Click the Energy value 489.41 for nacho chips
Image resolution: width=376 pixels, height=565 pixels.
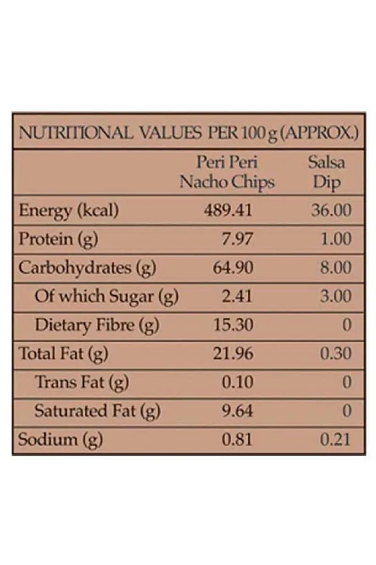coord(228,210)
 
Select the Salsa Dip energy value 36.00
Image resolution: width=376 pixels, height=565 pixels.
coord(331,210)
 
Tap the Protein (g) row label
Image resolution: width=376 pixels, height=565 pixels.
coord(58,239)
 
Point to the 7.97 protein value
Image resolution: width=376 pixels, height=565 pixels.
coord(237,239)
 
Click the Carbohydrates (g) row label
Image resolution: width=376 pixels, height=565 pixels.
coord(87,268)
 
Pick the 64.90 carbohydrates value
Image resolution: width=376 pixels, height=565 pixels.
coord(233,268)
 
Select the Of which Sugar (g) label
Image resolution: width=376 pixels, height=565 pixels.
coord(106,297)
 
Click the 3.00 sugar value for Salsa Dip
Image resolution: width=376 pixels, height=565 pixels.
coord(335,297)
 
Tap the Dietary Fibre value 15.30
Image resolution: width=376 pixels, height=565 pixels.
coord(233,325)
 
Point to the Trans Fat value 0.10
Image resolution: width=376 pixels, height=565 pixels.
coord(237,382)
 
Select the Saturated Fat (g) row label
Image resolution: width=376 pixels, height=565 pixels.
coord(97,411)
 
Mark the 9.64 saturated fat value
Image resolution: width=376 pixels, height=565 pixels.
coord(237,411)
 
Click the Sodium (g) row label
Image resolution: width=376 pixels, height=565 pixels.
coord(60,440)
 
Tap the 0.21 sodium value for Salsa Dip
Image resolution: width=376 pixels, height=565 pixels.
coord(335,440)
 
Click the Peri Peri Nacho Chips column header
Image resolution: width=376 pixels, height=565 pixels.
coord(227,172)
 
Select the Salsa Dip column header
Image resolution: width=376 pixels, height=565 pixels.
coord(327,172)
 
